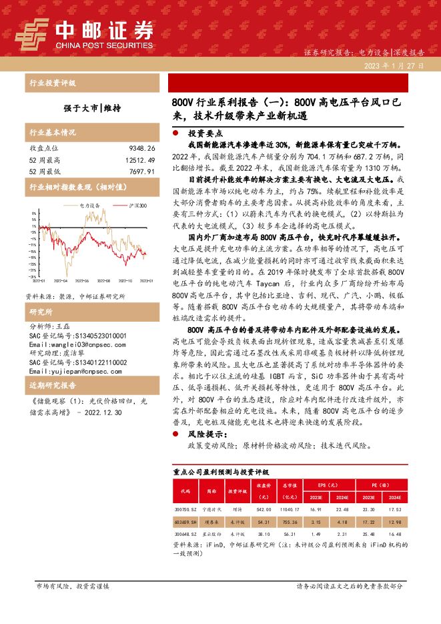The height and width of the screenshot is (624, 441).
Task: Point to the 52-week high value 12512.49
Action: tap(139, 160)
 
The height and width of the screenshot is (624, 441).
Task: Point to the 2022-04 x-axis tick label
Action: tap(61, 282)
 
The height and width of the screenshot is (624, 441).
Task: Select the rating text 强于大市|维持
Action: tap(92, 107)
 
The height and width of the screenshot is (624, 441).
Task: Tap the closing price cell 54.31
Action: tap(263, 521)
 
